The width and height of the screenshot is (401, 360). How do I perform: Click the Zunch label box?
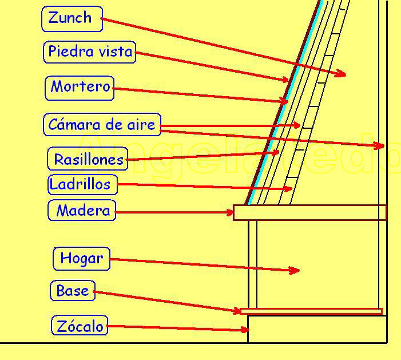tap(72, 19)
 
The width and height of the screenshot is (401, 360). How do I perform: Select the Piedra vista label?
tap(89, 52)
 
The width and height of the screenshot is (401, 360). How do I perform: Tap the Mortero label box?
tap(79, 88)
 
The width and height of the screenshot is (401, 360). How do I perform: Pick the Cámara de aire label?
tap(102, 125)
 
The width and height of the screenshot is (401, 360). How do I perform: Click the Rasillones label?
tap(88, 159)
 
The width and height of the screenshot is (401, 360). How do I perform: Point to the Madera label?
tap(82, 211)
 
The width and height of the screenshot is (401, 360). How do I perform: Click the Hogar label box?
tap(81, 259)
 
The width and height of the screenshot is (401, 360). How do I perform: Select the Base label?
tap(72, 291)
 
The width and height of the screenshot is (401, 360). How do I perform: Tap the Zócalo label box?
tap(80, 326)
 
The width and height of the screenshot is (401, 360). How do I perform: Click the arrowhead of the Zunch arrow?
tap(342, 73)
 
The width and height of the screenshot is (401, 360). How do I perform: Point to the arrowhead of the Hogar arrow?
tap(296, 270)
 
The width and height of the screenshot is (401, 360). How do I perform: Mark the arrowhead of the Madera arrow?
tap(231, 212)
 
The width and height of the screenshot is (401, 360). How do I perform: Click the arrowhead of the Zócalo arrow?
tap(245, 330)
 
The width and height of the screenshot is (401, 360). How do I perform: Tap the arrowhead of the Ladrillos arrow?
tap(289, 188)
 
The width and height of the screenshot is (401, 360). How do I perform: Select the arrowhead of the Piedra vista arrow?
tap(285, 80)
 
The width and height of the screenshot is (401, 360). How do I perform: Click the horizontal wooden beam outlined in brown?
tap(309, 212)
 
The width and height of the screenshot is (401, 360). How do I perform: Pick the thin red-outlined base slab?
tap(311, 311)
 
